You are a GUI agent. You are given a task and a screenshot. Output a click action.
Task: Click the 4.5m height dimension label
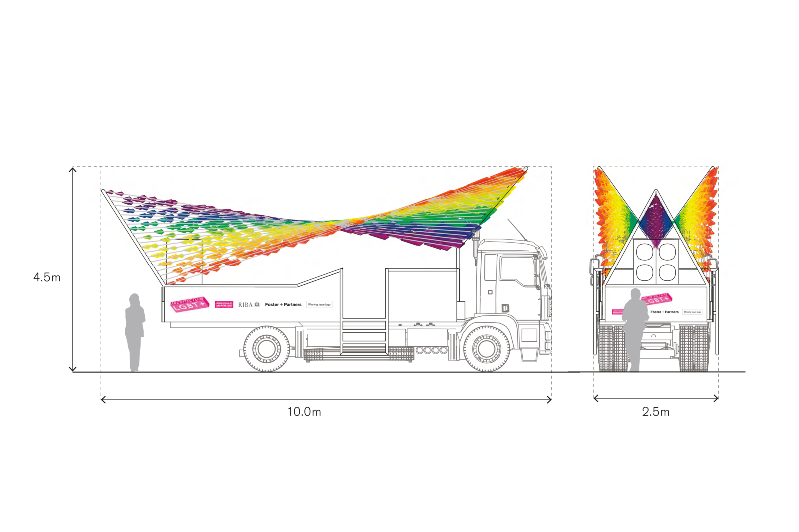pos(47,277)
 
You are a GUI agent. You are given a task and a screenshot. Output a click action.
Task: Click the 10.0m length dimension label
pos(304,412)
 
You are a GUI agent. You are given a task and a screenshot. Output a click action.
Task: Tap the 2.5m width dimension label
pos(655,412)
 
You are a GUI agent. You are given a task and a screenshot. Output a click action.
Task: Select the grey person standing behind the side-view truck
pos(134,332)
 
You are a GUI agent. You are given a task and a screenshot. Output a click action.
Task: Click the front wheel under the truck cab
pos(486,348)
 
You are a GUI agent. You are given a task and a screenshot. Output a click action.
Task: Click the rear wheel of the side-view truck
pos(266,348)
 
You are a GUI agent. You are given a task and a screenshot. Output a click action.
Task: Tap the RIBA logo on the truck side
pos(249,304)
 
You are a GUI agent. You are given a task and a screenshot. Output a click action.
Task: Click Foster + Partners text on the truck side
pos(283,304)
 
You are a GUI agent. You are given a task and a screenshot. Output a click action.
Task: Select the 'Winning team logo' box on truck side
pos(319,304)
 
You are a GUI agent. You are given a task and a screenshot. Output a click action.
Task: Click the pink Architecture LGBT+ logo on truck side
pos(189,304)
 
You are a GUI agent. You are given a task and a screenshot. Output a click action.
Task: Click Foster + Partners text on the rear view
pos(664,312)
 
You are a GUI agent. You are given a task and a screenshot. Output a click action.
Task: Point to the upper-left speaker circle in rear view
pos(644,252)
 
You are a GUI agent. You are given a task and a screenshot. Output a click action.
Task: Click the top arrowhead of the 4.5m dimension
pos(73,169)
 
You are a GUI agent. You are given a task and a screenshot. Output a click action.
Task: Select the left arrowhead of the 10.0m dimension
pos(103,399)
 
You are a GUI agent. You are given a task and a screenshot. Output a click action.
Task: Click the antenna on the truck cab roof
pos(517,229)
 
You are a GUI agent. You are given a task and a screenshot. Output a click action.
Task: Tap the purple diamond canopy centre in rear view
pos(656,220)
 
